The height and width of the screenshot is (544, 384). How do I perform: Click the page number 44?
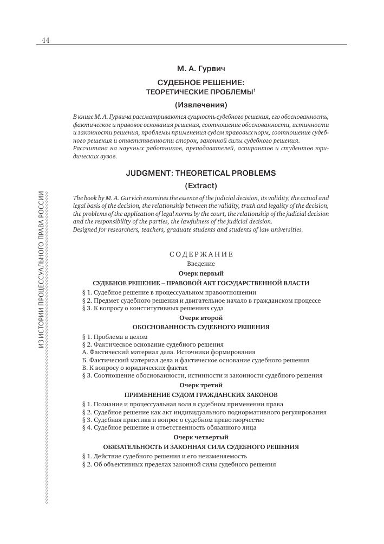tap(45, 41)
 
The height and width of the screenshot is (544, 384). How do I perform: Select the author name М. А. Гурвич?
tap(200, 69)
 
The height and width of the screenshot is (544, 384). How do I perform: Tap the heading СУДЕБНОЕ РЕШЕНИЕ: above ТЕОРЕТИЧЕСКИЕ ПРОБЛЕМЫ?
tap(200, 84)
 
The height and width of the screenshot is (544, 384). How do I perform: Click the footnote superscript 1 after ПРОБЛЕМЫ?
tap(255, 90)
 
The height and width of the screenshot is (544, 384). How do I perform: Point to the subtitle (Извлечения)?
tap(201, 104)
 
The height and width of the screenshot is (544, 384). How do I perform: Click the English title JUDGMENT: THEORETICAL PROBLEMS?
tap(201, 173)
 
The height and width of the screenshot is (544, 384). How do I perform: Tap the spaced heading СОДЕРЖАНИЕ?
tap(201, 254)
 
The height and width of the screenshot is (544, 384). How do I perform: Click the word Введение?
tap(201, 264)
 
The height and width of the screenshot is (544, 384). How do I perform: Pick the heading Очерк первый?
tap(201, 273)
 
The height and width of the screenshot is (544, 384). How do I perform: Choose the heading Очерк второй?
tap(201, 318)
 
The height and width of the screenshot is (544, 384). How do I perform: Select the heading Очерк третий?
tap(201, 385)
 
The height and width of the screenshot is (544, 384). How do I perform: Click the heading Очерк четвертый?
tap(201, 437)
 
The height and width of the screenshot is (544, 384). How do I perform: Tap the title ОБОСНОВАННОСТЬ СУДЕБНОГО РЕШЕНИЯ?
tap(201, 327)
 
